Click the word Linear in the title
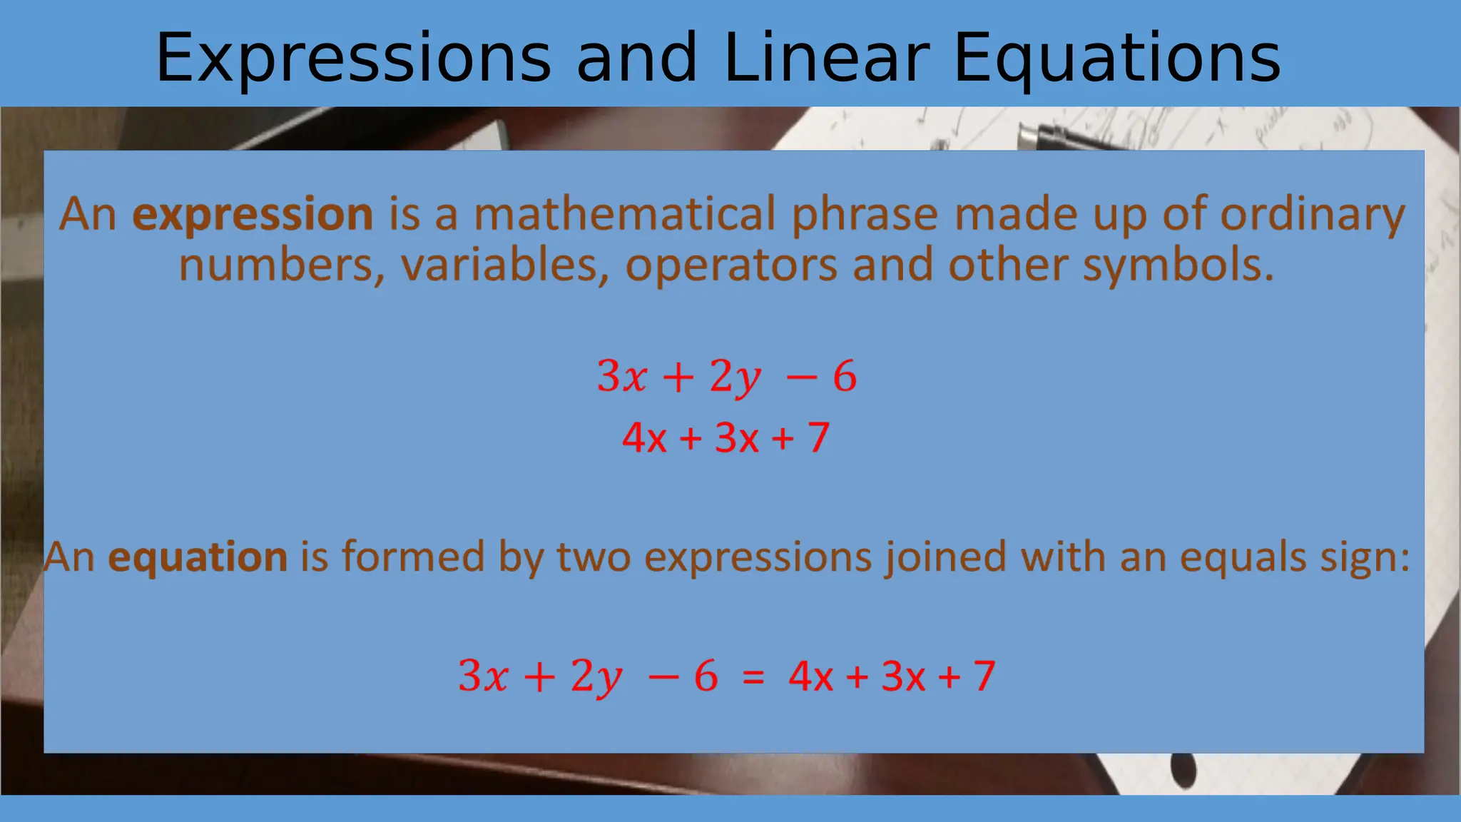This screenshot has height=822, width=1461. tap(826, 59)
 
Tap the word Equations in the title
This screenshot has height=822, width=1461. tap(1116, 59)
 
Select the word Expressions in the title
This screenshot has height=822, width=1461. tap(354, 59)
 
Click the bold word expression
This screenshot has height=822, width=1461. tap(253, 214)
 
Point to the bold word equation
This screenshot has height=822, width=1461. tap(198, 557)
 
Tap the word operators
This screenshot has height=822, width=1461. tap(731, 265)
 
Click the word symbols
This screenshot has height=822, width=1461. tap(1178, 265)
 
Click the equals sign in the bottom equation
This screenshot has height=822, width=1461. tap(753, 676)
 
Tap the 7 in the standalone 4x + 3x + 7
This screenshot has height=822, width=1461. tap(818, 437)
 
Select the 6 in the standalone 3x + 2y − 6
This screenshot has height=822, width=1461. tap(845, 376)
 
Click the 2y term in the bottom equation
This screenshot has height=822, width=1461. tap(596, 676)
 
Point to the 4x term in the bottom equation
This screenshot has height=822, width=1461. tap(810, 676)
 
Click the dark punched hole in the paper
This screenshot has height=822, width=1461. tap(1183, 771)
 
